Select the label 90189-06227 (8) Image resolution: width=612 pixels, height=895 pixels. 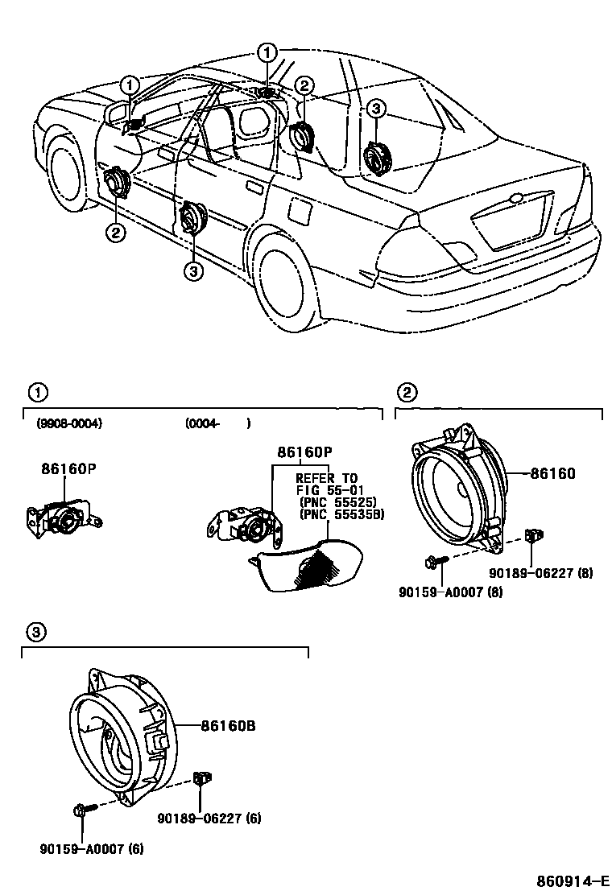541,574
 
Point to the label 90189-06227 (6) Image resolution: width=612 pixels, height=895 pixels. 209,819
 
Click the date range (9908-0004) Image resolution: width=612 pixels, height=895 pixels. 69,423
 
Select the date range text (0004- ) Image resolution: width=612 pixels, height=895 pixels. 217,423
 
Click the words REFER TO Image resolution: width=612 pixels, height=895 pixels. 327,477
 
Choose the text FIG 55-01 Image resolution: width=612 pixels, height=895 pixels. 327,489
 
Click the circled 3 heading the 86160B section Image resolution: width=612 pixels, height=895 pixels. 35,633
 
